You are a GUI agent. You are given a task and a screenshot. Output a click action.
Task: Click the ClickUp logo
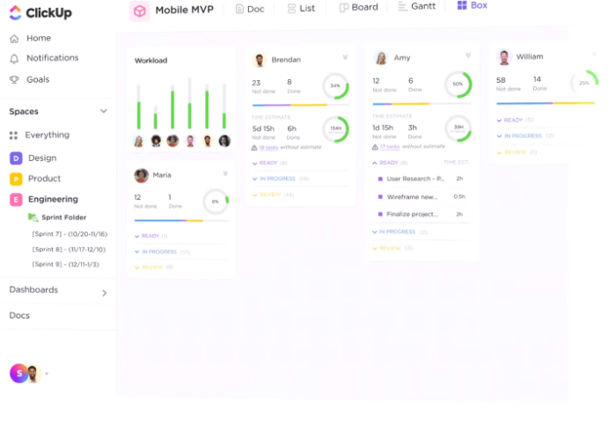click(x=40, y=13)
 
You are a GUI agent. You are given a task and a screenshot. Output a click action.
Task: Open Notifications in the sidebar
click(x=52, y=58)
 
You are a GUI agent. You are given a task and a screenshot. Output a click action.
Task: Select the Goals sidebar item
click(x=37, y=79)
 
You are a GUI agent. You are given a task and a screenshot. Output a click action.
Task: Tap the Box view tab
click(x=473, y=5)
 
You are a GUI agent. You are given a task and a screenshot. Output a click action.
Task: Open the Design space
click(x=41, y=158)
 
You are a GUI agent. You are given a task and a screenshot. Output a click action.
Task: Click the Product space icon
click(x=16, y=179)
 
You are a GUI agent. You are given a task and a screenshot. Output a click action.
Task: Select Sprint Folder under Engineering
click(x=63, y=217)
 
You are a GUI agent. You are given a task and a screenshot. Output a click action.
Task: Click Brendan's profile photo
click(x=260, y=60)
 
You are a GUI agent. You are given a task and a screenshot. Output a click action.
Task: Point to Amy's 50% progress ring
click(x=458, y=84)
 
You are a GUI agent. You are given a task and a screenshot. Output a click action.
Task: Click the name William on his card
click(x=530, y=57)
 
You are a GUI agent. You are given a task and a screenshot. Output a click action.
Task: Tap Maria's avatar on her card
click(x=141, y=175)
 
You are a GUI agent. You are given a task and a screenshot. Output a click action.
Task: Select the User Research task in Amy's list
click(x=415, y=179)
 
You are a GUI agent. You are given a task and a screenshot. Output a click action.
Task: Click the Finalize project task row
click(x=412, y=214)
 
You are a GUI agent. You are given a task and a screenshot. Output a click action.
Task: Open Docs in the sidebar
click(x=19, y=315)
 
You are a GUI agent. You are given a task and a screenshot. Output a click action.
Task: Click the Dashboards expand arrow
click(x=104, y=293)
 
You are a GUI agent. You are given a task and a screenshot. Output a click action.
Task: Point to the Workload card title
click(x=150, y=61)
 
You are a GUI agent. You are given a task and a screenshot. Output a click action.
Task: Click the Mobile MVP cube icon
click(x=140, y=11)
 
